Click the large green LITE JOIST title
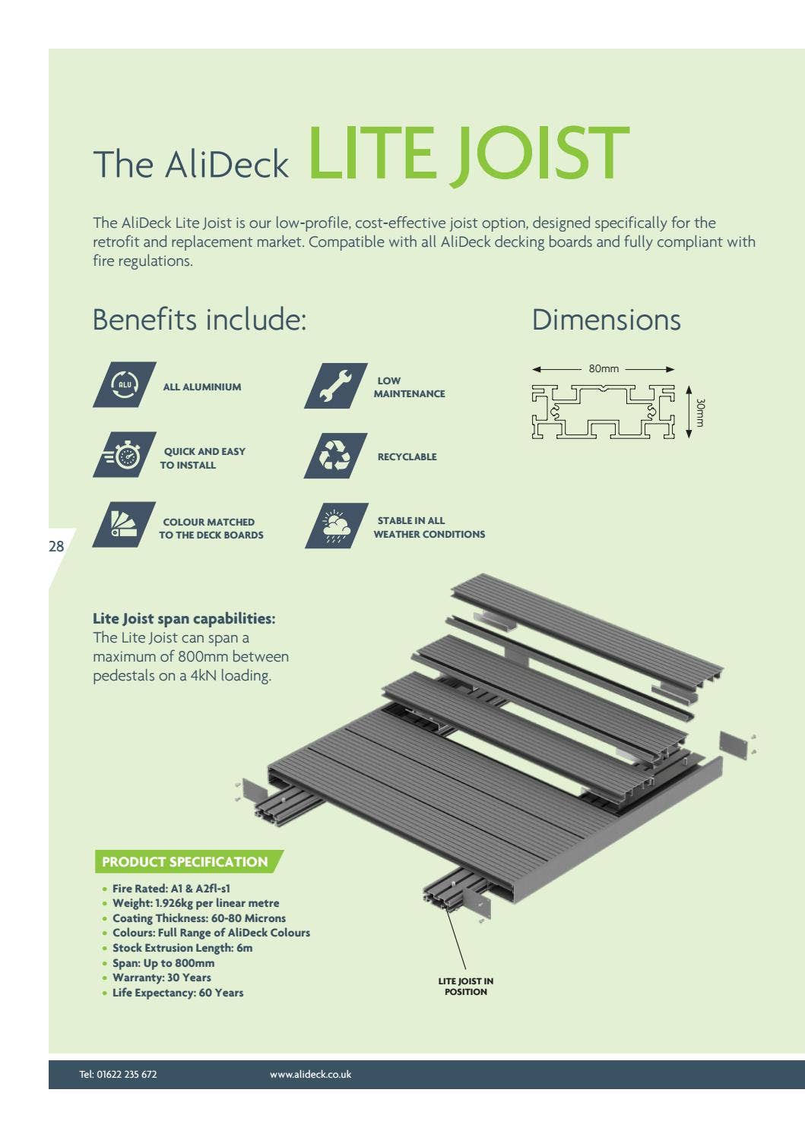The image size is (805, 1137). tap(468, 156)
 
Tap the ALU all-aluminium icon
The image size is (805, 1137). tap(125, 385)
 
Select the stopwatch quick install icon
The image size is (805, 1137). tap(125, 456)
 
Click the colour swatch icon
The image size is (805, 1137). tap(124, 525)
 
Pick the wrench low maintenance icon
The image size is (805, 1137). tap(335, 386)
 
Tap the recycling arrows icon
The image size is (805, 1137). tap(335, 456)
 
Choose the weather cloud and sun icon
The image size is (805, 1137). tap(336, 526)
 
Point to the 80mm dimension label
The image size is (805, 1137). tap(604, 368)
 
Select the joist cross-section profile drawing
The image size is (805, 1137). tap(603, 412)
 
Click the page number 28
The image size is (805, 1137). tap(56, 546)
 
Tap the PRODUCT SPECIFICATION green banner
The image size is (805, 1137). tap(185, 862)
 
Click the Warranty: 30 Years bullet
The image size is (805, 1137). tap(161, 978)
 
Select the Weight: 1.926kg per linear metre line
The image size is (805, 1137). tap(195, 903)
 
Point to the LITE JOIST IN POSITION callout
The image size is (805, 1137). tap(465, 986)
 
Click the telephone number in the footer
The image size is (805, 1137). tap(118, 1074)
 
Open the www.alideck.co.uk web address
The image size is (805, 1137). tap(310, 1074)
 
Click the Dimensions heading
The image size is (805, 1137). tap(606, 320)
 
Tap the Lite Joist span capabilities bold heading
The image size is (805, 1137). tap(184, 618)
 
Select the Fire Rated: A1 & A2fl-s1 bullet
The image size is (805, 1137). tap(171, 888)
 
